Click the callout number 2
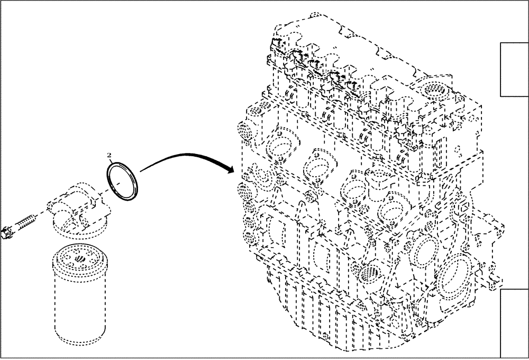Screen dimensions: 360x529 tap(109, 155)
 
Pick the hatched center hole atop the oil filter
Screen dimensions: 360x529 tap(79, 259)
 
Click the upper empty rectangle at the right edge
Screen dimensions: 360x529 tap(514, 69)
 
